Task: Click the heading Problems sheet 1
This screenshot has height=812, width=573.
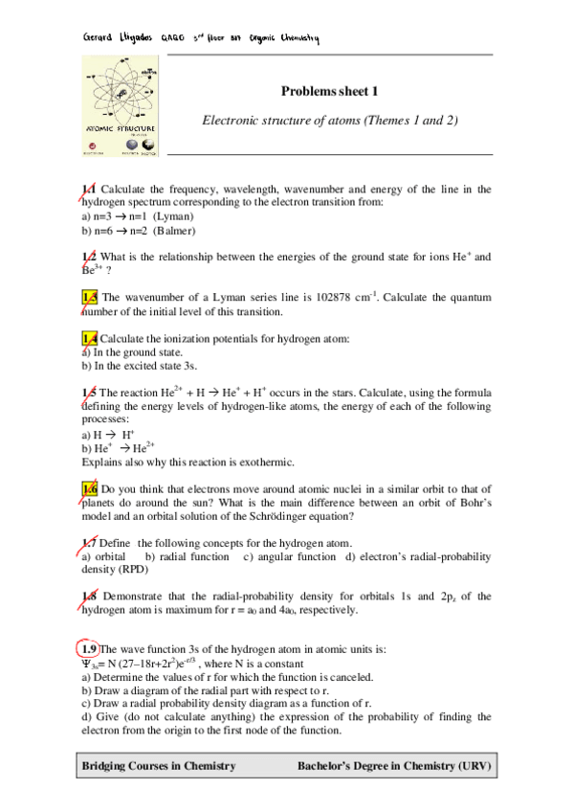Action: (x=330, y=91)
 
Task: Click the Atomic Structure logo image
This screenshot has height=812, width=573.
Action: (x=120, y=106)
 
